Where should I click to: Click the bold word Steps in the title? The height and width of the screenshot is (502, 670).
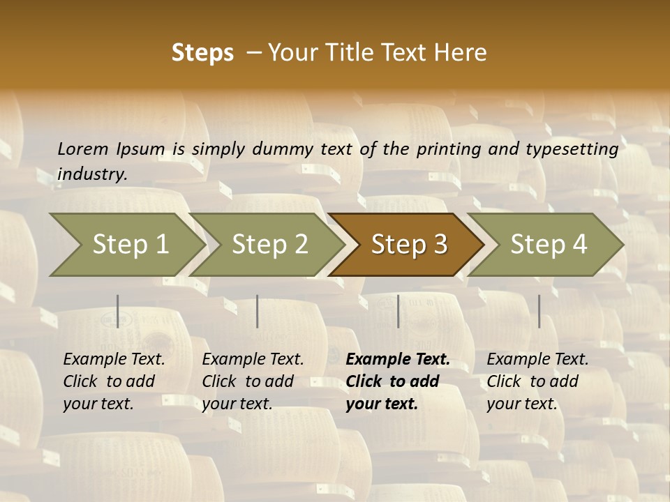202,53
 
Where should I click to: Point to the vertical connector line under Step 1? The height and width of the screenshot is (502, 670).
118,311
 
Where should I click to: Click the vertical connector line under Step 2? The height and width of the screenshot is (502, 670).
258,311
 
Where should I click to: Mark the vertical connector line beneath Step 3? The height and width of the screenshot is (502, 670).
398,311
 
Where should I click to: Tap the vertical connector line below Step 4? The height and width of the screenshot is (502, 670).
539,311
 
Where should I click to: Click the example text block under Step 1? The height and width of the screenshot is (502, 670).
114,381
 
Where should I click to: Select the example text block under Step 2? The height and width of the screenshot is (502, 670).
253,381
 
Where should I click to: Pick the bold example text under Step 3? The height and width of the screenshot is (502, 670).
398,381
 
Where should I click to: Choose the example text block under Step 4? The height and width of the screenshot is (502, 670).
537,381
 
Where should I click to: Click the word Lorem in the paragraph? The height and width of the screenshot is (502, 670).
82,149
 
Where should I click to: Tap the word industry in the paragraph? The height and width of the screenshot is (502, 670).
91,174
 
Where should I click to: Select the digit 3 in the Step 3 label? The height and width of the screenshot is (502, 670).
439,244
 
